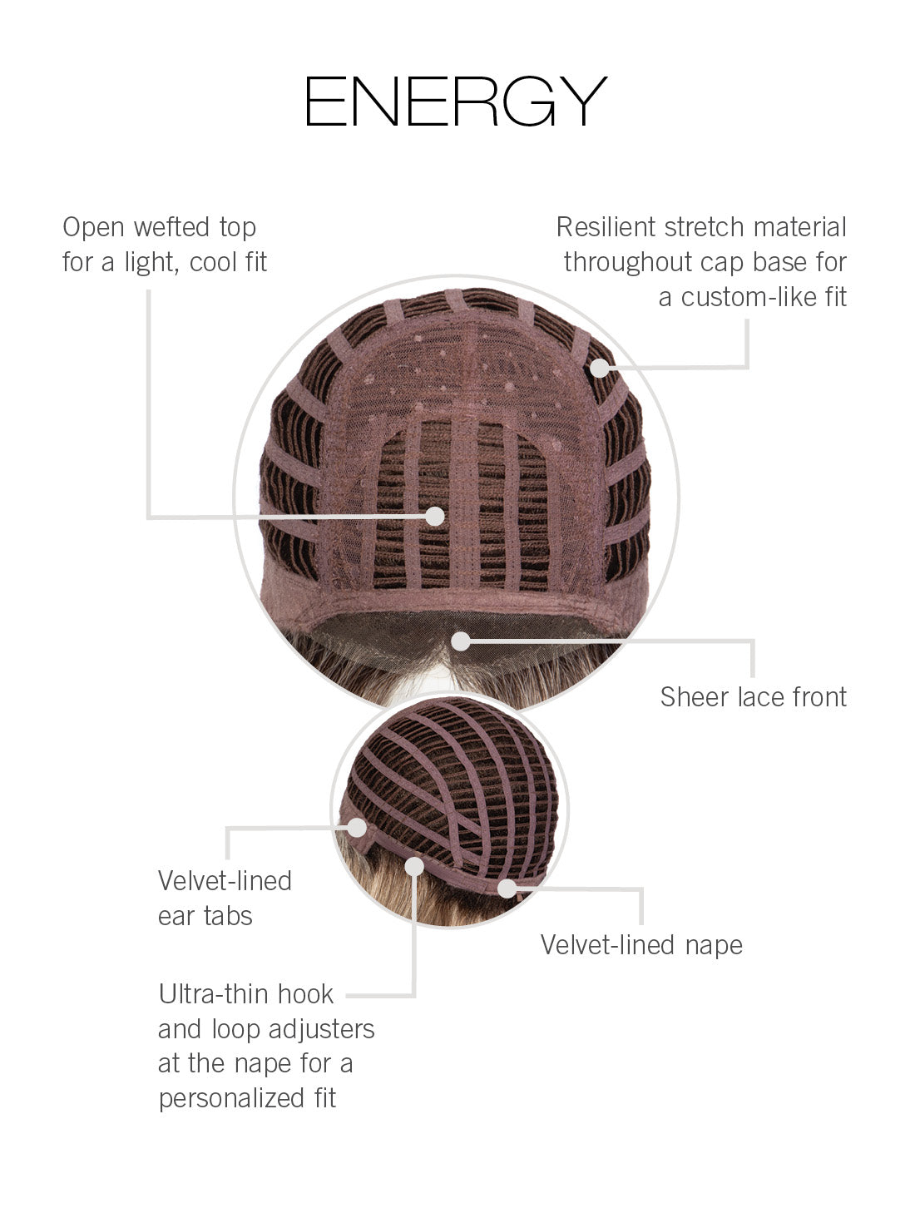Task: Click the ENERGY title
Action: pos(456,101)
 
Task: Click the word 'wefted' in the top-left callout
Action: pos(171,227)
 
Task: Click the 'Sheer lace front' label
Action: pos(753,697)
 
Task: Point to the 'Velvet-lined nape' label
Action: pos(641,945)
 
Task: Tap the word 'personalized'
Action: pos(231,1099)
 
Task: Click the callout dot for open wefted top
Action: pos(435,516)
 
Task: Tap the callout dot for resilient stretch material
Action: pos(600,368)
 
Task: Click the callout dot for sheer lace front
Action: pos(461,641)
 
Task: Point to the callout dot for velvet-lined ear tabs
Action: pos(357,827)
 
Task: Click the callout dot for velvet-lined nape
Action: pos(507,889)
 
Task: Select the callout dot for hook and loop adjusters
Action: pos(414,867)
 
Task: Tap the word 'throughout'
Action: pos(628,263)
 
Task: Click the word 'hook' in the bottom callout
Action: pos(305,993)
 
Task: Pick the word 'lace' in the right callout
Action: pos(761,697)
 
